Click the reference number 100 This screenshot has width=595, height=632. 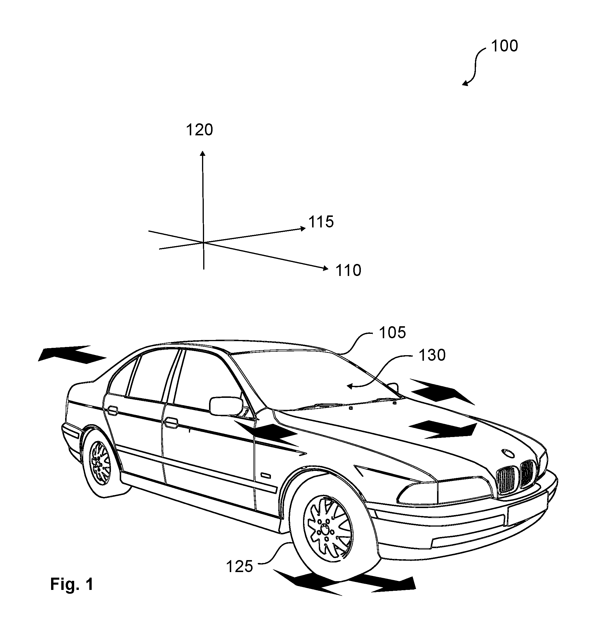(x=504, y=46)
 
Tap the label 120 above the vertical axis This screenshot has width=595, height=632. (x=199, y=130)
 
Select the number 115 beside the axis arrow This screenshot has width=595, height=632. (x=321, y=222)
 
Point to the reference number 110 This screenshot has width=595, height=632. (x=348, y=270)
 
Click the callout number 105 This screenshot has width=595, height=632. (x=392, y=333)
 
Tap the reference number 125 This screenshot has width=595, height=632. (x=239, y=567)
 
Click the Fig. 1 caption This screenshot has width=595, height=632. (x=72, y=584)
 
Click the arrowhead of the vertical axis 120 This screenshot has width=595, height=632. (x=203, y=153)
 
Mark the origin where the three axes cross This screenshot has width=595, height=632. (x=203, y=243)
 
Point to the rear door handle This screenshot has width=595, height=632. (x=112, y=410)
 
